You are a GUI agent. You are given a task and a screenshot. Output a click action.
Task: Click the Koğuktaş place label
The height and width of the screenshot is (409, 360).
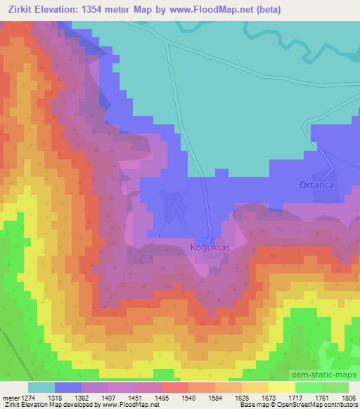215,247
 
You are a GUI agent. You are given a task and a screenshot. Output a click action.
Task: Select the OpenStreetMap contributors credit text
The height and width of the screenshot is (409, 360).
324,405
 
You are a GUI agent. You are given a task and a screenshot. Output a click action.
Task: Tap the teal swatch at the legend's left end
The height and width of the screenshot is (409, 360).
41,387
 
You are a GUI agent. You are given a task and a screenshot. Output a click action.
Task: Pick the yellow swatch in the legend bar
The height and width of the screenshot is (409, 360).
281,387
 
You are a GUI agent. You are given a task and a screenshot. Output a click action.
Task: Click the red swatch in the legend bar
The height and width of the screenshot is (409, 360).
174,387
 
